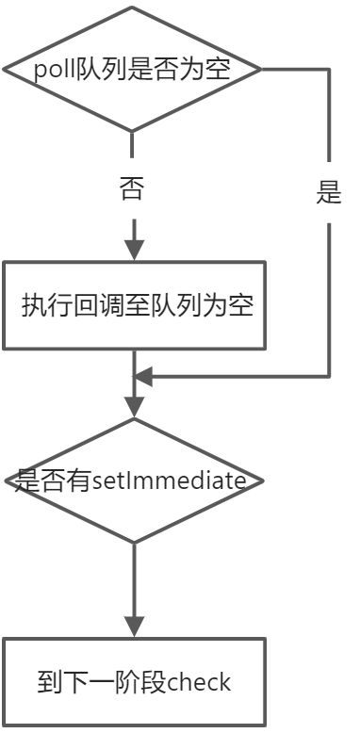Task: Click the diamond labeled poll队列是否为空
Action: pos(133,70)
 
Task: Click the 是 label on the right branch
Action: pos(329,194)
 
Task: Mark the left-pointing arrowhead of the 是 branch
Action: pos(141,377)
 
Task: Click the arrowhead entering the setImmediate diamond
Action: pos(134,407)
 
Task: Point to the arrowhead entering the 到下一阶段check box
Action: pos(134,626)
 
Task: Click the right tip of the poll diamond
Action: pos(261,70)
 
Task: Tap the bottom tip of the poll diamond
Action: pos(133,130)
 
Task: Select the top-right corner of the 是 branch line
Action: pos(329,70)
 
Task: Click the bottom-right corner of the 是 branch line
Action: pos(329,377)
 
